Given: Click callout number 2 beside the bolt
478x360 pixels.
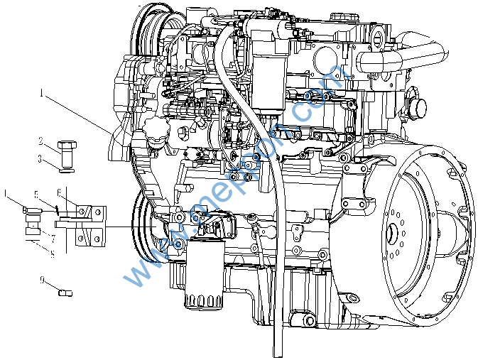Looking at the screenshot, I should (x=41, y=141).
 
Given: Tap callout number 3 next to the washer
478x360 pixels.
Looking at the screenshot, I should (x=41, y=158).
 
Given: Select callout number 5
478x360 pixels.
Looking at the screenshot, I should (x=34, y=193).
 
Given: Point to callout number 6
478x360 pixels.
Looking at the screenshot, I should (x=59, y=192).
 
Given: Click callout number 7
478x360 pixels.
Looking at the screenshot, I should (x=53, y=236).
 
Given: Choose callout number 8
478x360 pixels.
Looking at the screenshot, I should (x=52, y=251).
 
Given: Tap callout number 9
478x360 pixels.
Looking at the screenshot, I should (x=42, y=281).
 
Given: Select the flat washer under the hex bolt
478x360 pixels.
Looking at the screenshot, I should (x=67, y=170).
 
